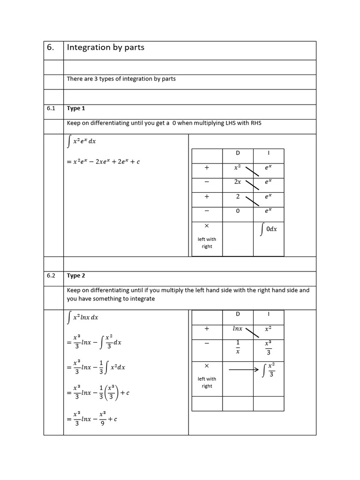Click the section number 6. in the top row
(51, 48)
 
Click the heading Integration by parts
(105, 47)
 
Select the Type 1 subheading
(76, 108)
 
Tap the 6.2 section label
(51, 276)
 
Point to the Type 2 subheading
(76, 276)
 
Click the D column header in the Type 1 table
(237, 153)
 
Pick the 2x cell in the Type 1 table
(238, 181)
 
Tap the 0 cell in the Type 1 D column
(238, 211)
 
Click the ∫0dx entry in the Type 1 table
(269, 229)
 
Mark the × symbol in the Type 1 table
(207, 226)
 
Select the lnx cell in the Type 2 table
(238, 329)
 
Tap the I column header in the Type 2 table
(269, 314)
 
